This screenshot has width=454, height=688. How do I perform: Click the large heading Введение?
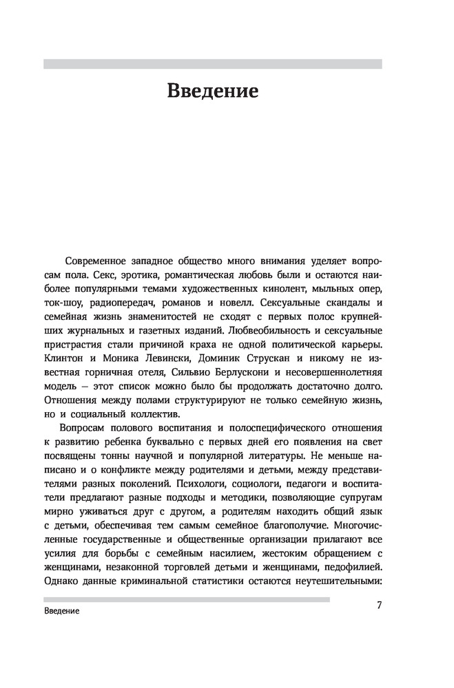(x=212, y=92)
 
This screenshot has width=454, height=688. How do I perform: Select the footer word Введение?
(x=61, y=611)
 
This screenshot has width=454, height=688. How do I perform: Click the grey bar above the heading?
(x=212, y=64)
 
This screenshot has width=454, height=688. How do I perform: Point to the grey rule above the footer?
(x=186, y=599)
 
